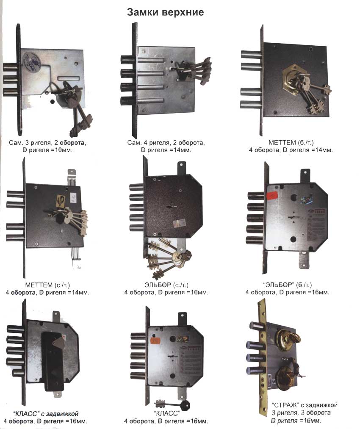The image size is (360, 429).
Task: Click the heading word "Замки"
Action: click(x=143, y=12)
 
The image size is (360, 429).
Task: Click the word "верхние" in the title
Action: click(x=183, y=13)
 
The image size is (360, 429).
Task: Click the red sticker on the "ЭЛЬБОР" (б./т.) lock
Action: click(x=272, y=195)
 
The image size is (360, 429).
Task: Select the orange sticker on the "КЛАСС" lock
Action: click(x=155, y=341)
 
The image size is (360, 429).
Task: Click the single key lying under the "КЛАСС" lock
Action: click(x=172, y=404)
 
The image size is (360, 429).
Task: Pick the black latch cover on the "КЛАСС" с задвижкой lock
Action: click(x=53, y=361)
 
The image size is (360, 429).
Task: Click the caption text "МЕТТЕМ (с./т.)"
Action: click(x=47, y=285)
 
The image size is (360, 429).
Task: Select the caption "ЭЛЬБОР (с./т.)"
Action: click(x=166, y=285)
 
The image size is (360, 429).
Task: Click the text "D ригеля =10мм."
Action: click(x=47, y=150)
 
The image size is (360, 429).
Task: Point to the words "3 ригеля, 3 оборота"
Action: click(x=301, y=412)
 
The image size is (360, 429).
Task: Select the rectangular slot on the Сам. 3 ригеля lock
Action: click(x=69, y=78)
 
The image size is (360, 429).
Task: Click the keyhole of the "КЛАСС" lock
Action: click(x=172, y=357)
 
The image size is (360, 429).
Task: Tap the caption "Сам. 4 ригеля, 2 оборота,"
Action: click(x=166, y=143)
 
